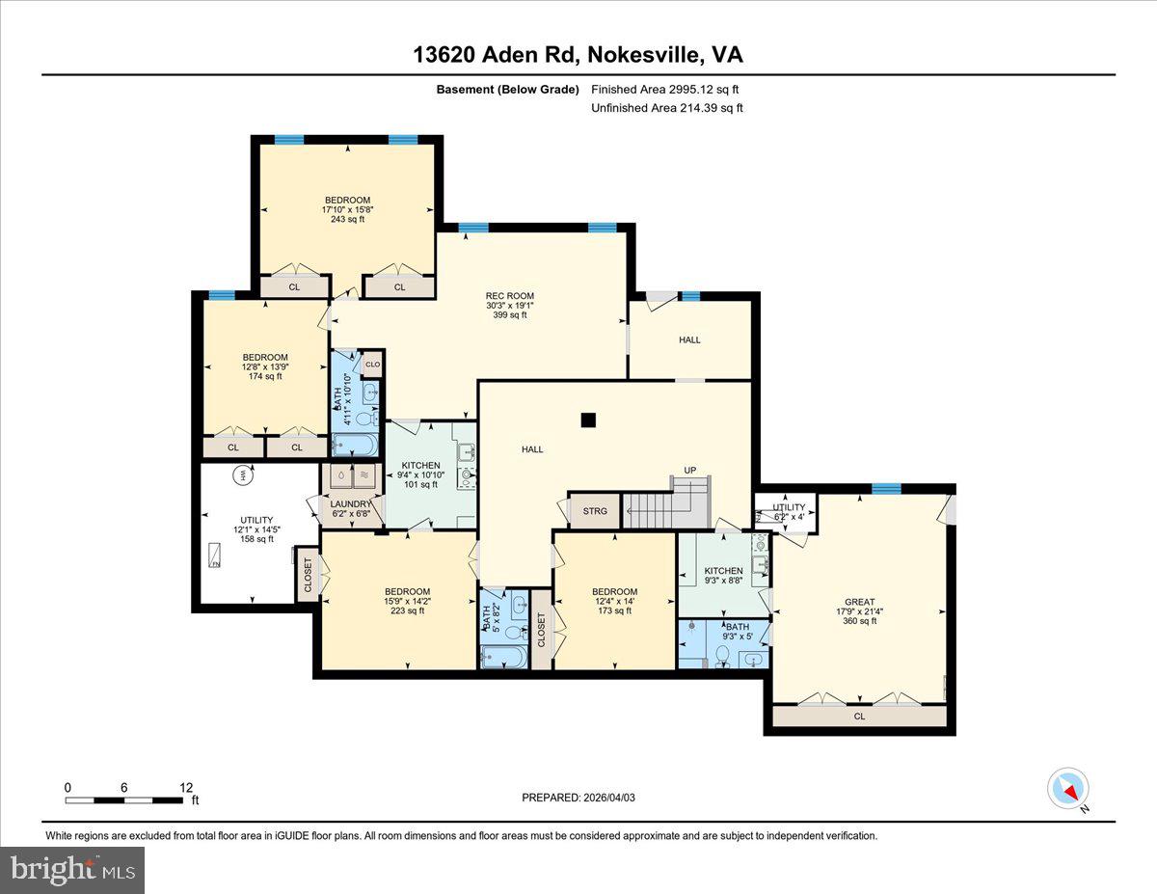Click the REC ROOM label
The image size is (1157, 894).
pos(509,305)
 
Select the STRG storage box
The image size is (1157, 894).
pos(595,511)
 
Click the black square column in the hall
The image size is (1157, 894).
pos(588,419)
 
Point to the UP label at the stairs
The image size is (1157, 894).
pos(690,471)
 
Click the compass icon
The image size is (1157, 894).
pos(1068,789)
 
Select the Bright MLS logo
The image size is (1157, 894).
pos(72,870)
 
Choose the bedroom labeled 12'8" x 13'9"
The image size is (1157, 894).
pos(264,366)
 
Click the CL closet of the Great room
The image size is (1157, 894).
pos(859,717)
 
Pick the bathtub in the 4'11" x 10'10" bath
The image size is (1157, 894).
pos(356,444)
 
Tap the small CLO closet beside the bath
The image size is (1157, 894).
pos(372,364)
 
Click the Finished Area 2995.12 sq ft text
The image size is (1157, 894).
pos(665,90)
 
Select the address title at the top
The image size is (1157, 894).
pos(578,56)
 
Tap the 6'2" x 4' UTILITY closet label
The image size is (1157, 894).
pos(788,512)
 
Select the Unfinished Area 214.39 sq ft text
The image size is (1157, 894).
pos(666,108)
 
